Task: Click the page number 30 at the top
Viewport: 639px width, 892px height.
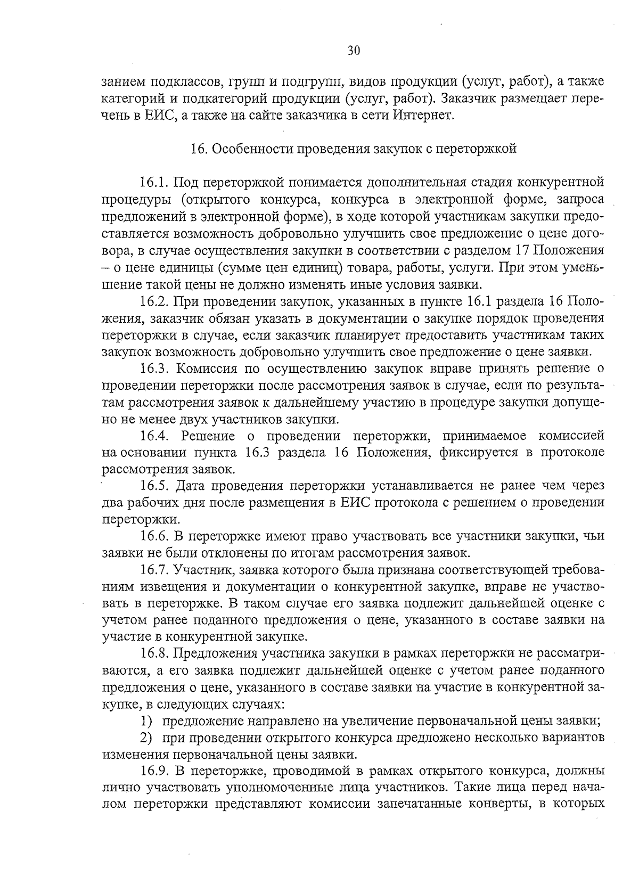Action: click(x=354, y=51)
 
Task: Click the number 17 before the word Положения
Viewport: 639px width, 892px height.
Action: click(x=524, y=250)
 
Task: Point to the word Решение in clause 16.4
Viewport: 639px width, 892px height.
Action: click(x=208, y=436)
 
